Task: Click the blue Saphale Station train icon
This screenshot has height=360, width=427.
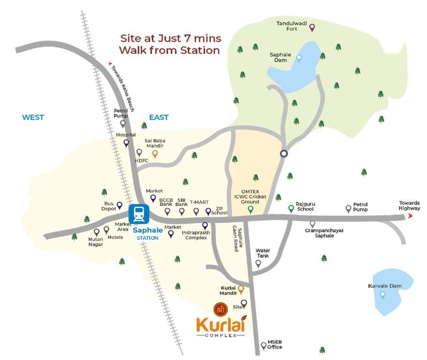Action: point(139,214)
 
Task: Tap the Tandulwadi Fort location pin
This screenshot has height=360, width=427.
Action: point(312,28)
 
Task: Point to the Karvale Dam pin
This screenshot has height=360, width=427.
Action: point(382,295)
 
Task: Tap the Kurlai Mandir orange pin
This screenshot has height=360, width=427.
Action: point(241,289)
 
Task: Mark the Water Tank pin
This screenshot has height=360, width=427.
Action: point(258,263)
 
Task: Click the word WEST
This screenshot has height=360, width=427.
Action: point(33,117)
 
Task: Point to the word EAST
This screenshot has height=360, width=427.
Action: point(159,117)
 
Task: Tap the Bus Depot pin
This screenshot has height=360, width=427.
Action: point(119,205)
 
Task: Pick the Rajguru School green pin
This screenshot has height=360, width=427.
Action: point(291,208)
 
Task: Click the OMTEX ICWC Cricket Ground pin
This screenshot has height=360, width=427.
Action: point(251,209)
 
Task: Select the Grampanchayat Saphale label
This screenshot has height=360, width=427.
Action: point(319,233)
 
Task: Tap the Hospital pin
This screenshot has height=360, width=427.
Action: point(126,142)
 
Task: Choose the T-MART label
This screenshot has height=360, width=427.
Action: point(199,202)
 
